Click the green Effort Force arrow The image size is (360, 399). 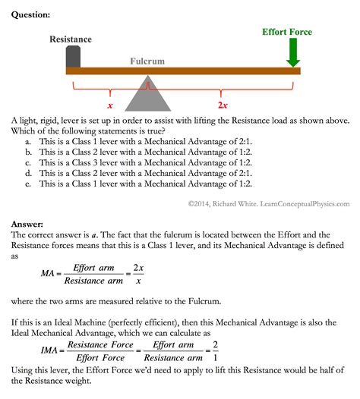(294, 53)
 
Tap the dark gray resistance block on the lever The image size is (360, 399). (74, 57)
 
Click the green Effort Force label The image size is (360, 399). (287, 33)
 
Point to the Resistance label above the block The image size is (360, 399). (71, 39)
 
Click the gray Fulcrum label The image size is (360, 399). (147, 61)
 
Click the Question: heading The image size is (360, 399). (31, 14)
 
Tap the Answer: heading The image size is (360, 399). (27, 224)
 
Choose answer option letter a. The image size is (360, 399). (28, 141)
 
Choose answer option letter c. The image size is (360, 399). (28, 162)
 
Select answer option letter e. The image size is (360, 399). (28, 184)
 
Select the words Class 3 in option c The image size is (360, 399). (88, 162)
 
